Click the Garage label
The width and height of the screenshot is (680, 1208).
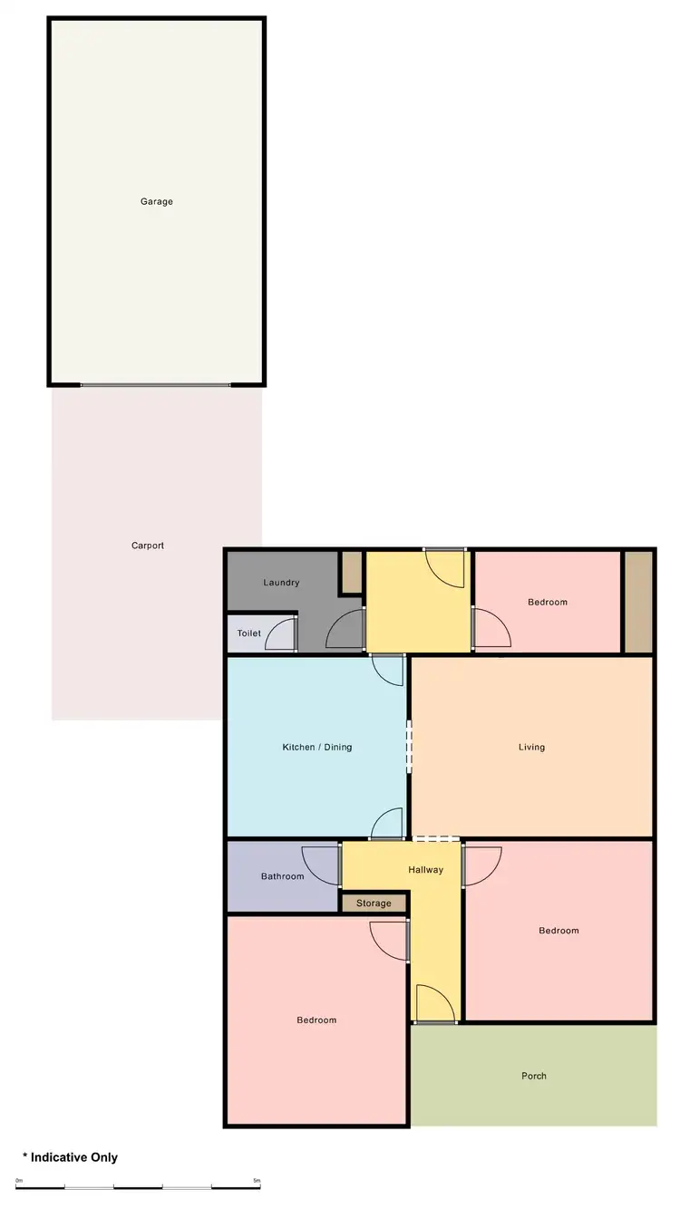pos(156,201)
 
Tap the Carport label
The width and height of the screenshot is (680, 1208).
pos(148,546)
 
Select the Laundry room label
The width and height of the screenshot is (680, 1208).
pos(281,583)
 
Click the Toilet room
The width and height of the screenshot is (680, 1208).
pos(249,633)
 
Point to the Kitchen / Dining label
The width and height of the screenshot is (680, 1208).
pos(316,747)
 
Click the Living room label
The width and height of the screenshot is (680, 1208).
pos(531,747)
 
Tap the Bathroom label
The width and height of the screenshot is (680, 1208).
pos(282,876)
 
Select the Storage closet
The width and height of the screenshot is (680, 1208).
pos(374,904)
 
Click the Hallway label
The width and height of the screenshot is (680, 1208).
pos(425,870)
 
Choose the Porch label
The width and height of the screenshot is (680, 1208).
pos(534,1076)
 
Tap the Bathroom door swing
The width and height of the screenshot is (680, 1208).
pos(321,865)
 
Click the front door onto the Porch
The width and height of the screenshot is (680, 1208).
pos(435,1005)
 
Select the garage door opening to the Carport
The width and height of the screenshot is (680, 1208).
pos(155,385)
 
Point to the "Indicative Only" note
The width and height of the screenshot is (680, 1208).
pos(70,1157)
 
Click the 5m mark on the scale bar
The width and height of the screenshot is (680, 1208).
pos(257,1181)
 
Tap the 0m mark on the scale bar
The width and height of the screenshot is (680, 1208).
pos(19,1181)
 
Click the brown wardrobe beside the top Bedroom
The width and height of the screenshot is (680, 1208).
pos(638,601)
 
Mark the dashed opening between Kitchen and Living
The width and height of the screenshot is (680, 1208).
pos(409,746)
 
